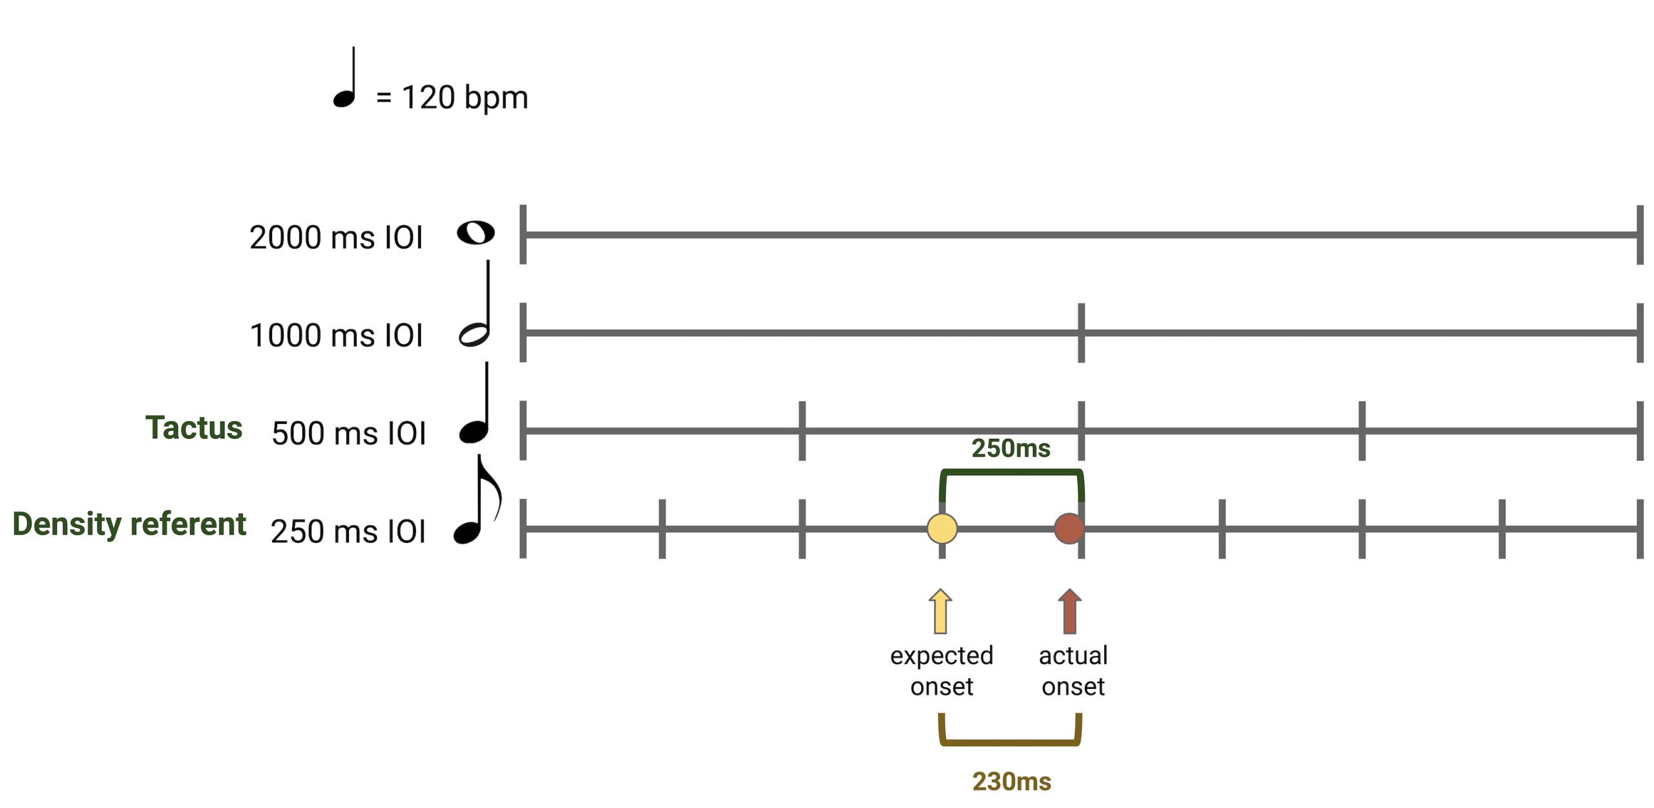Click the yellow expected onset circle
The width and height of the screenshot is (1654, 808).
[x=942, y=528]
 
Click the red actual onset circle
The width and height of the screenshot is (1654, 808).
[x=1069, y=528]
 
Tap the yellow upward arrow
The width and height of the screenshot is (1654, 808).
[x=941, y=611]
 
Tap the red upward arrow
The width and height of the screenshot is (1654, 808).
[x=1070, y=611]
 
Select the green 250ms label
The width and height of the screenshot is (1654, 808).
[x=1011, y=448]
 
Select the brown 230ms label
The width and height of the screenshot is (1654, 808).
[x=1012, y=781]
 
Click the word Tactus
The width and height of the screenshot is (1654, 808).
[x=194, y=427]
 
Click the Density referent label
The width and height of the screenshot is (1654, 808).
[x=129, y=524]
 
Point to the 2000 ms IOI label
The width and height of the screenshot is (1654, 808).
[x=336, y=237]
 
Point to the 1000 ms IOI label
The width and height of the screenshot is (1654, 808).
[x=336, y=335]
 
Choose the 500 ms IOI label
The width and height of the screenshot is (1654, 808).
[x=349, y=433]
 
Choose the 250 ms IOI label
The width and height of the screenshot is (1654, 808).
[x=348, y=531]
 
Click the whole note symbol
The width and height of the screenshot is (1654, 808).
[x=476, y=233]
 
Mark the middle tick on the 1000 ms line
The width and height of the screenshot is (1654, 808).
[x=1082, y=333]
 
